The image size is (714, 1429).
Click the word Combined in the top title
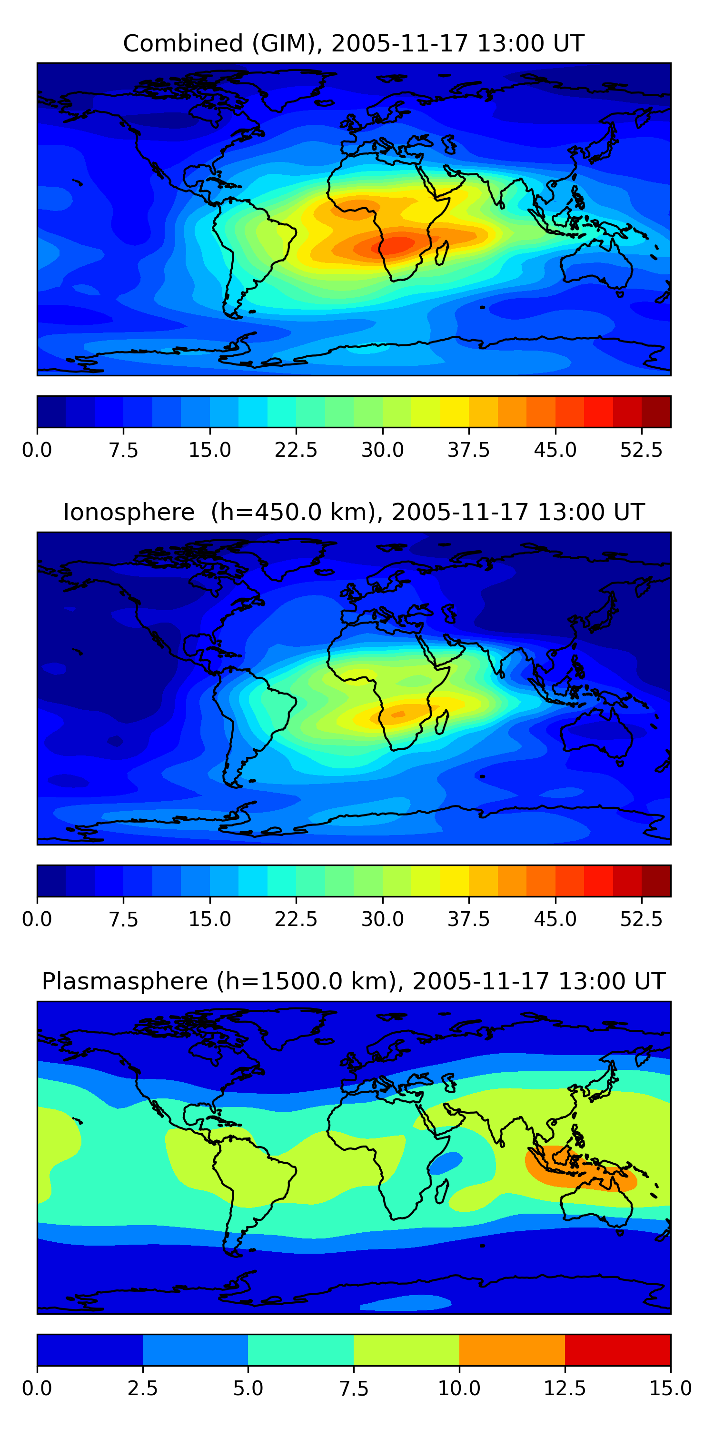point(183,43)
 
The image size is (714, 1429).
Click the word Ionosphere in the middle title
point(129,512)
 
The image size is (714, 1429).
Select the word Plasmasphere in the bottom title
point(125,981)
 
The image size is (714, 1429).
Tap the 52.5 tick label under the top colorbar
point(641,450)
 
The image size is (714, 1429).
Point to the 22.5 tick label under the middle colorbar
point(296,919)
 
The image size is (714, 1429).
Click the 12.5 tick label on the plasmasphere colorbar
point(565,1389)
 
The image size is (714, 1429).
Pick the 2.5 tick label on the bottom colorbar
point(142,1389)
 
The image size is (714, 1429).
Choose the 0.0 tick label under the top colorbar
point(37,450)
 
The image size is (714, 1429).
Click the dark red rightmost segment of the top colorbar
point(656,412)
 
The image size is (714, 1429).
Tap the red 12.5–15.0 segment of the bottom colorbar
point(617,1349)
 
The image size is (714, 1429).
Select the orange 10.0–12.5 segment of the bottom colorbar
point(512,1349)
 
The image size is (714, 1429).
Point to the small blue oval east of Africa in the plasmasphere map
point(447,1163)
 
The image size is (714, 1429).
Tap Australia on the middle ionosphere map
point(596,732)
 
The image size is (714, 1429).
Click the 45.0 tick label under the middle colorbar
point(555,919)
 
